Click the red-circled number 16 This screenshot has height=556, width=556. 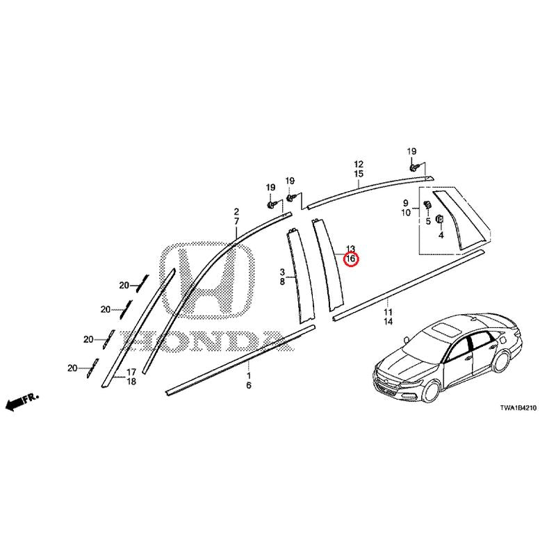(x=350, y=259)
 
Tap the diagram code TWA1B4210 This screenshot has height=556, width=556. (x=518, y=408)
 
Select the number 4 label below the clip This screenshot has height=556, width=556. (x=441, y=235)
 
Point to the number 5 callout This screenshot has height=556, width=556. (x=428, y=222)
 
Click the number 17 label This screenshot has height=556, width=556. (x=131, y=373)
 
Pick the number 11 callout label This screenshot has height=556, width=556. (x=389, y=312)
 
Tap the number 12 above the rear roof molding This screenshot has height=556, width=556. (x=359, y=164)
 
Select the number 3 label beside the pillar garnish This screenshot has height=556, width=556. (x=282, y=272)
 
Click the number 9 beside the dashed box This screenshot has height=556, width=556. (x=405, y=204)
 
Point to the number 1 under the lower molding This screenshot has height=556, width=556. (x=249, y=375)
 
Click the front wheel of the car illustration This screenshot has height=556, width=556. (x=432, y=390)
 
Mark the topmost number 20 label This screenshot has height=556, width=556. (x=124, y=285)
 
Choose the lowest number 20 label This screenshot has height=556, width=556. (x=72, y=368)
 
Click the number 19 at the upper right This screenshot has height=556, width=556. (x=411, y=152)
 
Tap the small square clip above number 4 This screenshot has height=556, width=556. (x=440, y=218)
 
